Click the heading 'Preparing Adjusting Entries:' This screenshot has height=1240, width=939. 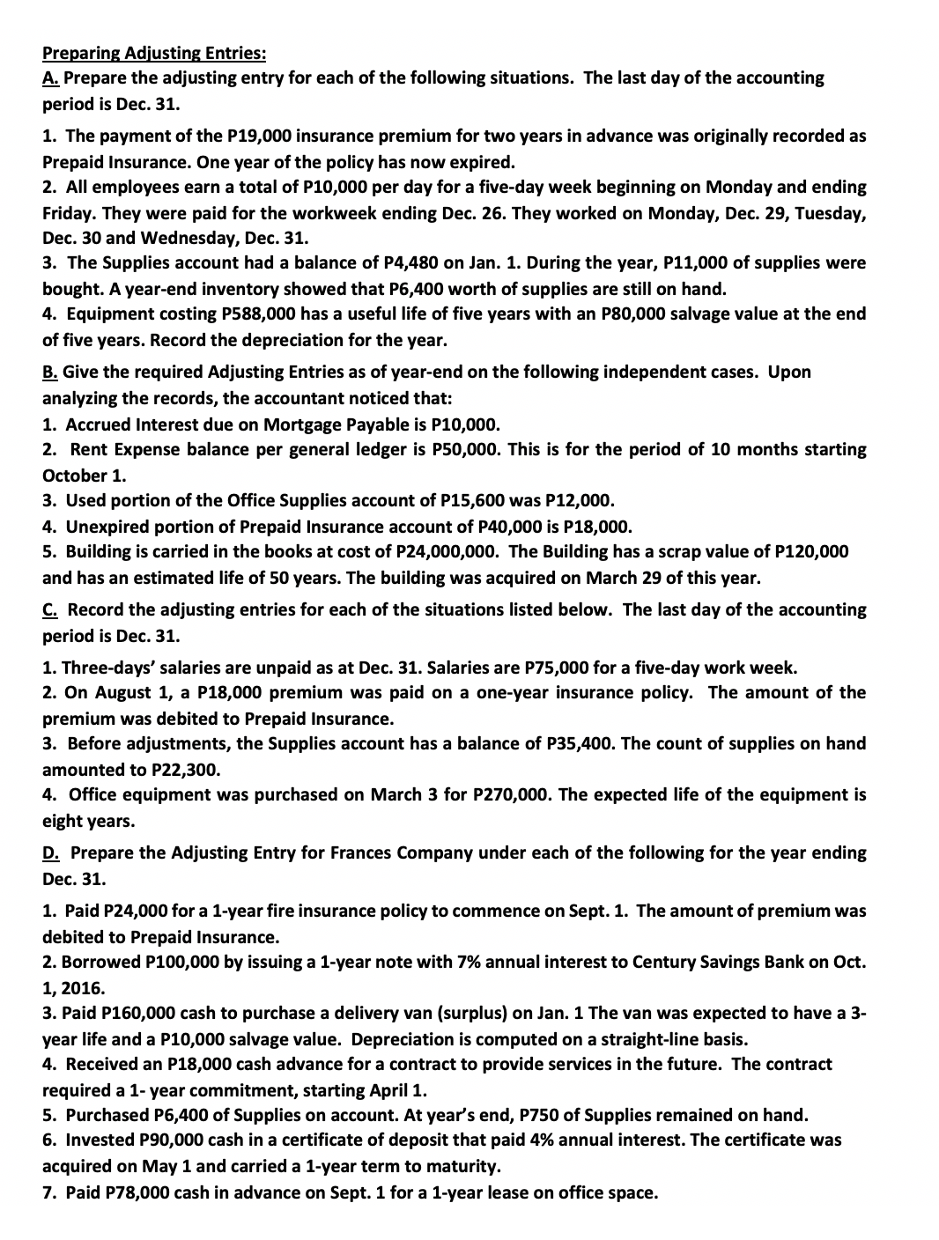(154, 53)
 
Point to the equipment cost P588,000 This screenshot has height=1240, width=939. (255, 314)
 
